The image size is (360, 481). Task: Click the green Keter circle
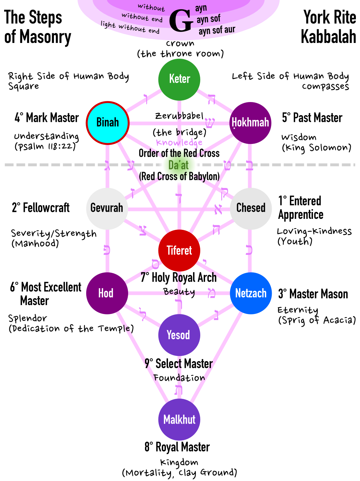click(x=179, y=79)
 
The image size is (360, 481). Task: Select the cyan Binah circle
click(x=108, y=122)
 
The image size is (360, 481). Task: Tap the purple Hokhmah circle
click(x=250, y=122)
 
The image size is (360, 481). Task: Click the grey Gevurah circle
click(x=107, y=208)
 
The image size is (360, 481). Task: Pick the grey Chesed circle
click(x=251, y=208)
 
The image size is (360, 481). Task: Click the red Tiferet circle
click(x=179, y=250)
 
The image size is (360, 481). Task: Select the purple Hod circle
click(x=107, y=293)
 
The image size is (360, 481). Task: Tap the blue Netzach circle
click(x=251, y=293)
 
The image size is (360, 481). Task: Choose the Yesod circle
click(x=179, y=335)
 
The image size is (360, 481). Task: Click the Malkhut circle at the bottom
click(x=179, y=420)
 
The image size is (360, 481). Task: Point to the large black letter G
click(x=181, y=21)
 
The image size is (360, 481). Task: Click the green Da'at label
click(x=179, y=165)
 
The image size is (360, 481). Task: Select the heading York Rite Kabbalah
click(x=329, y=27)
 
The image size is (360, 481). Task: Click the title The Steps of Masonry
click(x=37, y=27)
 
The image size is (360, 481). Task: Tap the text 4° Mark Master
click(x=47, y=118)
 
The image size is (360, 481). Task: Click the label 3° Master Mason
click(x=313, y=294)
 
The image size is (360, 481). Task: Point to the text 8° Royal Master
click(x=177, y=447)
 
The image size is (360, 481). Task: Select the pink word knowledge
click(x=179, y=143)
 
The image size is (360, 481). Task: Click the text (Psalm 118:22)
click(x=45, y=146)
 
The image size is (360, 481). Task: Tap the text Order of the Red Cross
click(x=179, y=153)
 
